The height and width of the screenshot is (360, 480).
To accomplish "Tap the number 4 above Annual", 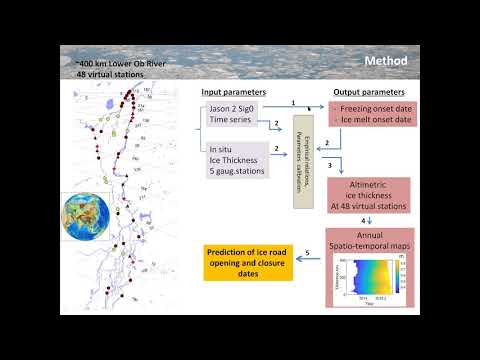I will [362, 223].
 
